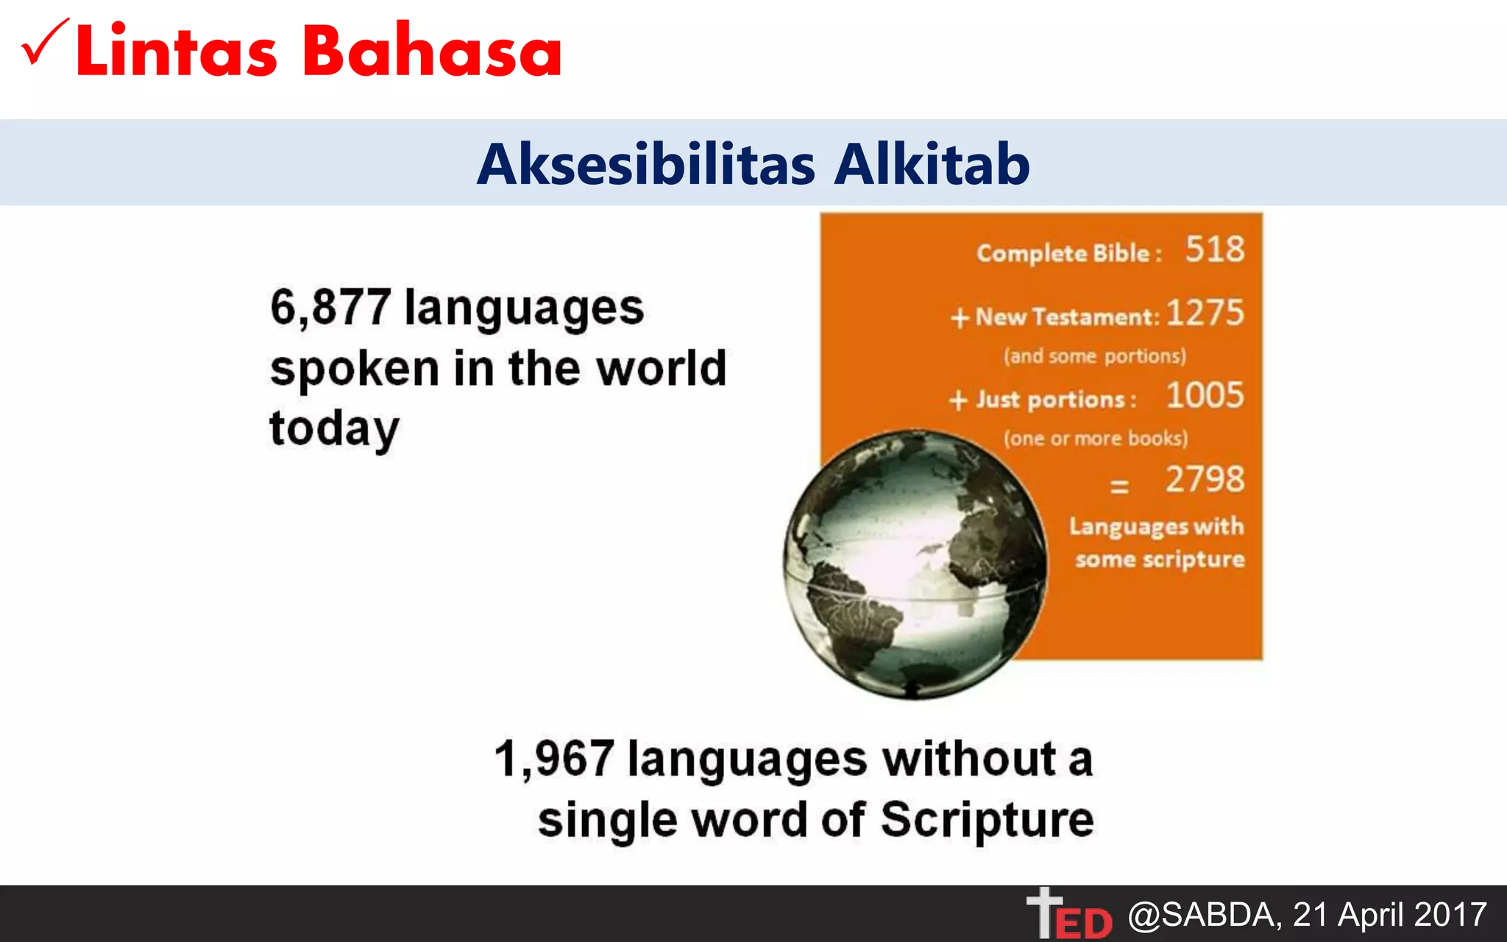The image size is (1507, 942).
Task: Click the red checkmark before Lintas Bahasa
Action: point(44,43)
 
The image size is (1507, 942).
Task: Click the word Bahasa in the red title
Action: point(432,52)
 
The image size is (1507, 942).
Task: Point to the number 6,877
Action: point(330,307)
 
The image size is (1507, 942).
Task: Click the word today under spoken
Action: point(334,429)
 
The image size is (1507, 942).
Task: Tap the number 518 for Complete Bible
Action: point(1215,249)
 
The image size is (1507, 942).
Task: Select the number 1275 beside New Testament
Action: point(1205,313)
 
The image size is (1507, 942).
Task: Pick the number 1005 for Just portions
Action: point(1205,396)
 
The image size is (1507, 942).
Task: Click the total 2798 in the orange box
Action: point(1205,480)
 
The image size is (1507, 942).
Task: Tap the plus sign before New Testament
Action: point(960,318)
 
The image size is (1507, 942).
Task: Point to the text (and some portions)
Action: point(1095,356)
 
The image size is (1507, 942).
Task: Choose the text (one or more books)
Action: point(1096,439)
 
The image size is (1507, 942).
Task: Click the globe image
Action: point(914,565)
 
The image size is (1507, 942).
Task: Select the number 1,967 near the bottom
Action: point(554,759)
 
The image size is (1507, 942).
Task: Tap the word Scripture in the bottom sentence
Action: point(987,820)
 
